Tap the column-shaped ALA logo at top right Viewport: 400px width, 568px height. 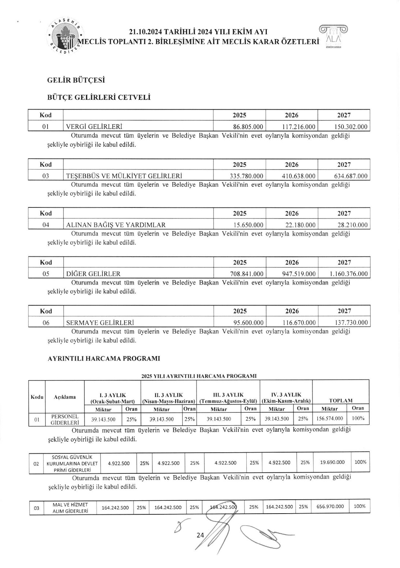pyautogui.click(x=333, y=37)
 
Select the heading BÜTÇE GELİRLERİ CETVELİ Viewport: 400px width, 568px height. pyautogui.click(x=99, y=98)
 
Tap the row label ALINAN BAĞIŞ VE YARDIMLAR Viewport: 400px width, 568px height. pyautogui.click(x=116, y=225)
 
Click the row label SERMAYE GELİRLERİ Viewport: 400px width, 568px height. pyautogui.click(x=100, y=323)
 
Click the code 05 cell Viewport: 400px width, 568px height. pyautogui.click(x=46, y=274)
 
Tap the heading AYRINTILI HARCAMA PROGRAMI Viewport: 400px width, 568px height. pyautogui.click(x=104, y=359)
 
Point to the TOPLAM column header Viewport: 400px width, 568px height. pyautogui.click(x=341, y=400)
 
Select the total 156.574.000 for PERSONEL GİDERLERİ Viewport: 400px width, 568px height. pyautogui.click(x=330, y=419)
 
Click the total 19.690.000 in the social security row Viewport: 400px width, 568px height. pyautogui.click(x=332, y=462)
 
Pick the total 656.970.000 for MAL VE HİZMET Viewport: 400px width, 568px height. pyautogui.click(x=330, y=507)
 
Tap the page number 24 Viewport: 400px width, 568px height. pyautogui.click(x=200, y=535)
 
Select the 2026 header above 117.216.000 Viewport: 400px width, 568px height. pyautogui.click(x=292, y=115)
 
